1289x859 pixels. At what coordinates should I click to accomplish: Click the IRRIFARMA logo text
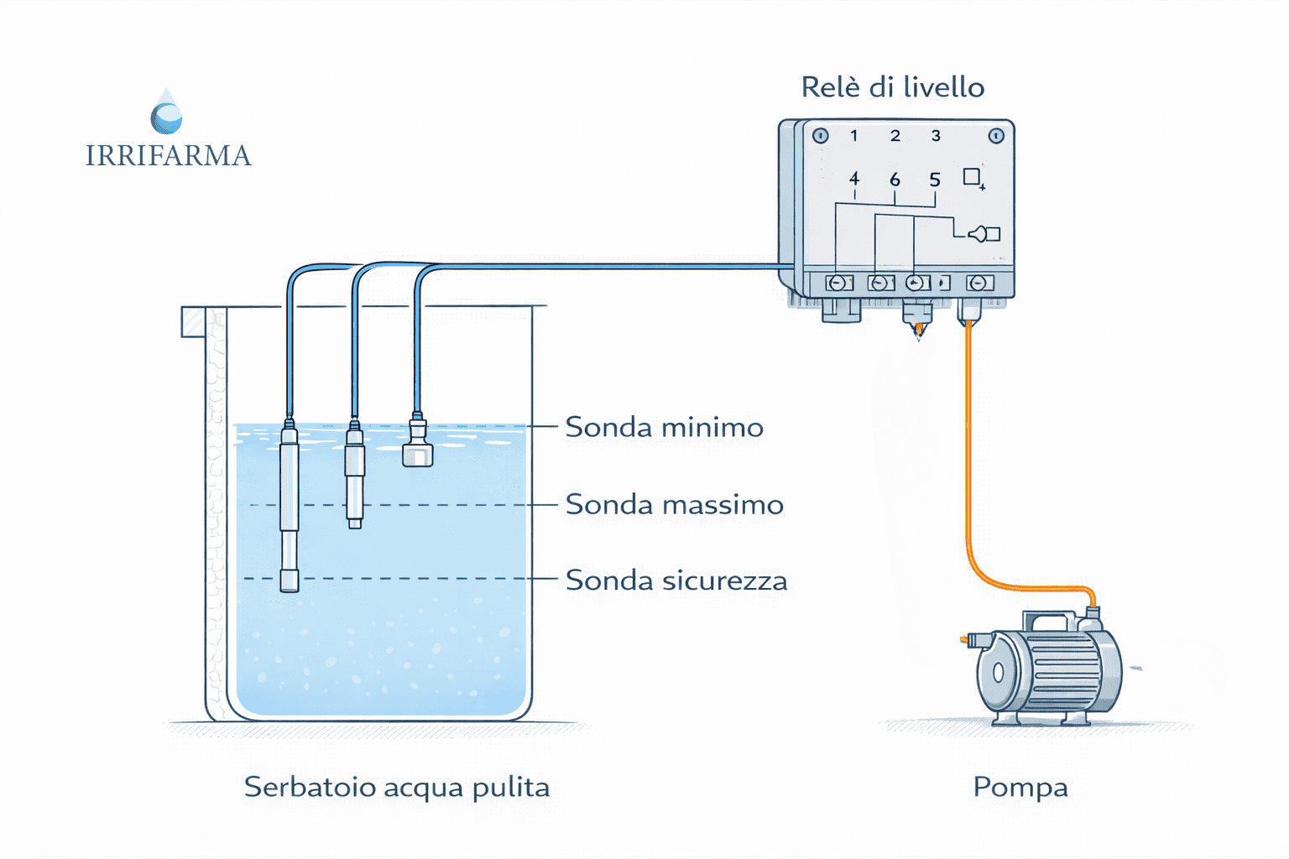(x=168, y=156)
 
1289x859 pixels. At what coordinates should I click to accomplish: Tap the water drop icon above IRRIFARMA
(x=166, y=112)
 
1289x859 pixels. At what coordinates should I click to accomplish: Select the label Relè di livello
(x=892, y=87)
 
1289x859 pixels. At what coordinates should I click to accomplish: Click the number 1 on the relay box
(x=853, y=136)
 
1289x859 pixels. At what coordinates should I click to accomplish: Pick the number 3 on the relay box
(x=936, y=136)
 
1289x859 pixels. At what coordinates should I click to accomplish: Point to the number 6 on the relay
(x=895, y=180)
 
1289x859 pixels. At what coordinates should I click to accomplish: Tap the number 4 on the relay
(x=854, y=179)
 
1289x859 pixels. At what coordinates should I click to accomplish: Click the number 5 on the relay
(x=935, y=180)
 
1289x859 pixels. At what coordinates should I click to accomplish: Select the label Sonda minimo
(x=664, y=427)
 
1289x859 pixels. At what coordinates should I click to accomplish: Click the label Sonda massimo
(x=674, y=504)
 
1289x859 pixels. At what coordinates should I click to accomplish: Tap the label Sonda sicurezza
(x=676, y=580)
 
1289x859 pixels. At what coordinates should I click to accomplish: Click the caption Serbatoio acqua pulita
(x=397, y=787)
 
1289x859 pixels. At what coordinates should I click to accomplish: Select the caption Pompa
(x=1020, y=787)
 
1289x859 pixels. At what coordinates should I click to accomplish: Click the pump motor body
(x=1062, y=671)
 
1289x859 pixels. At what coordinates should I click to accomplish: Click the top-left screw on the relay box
(x=821, y=136)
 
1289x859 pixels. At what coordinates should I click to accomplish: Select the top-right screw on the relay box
(x=996, y=136)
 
